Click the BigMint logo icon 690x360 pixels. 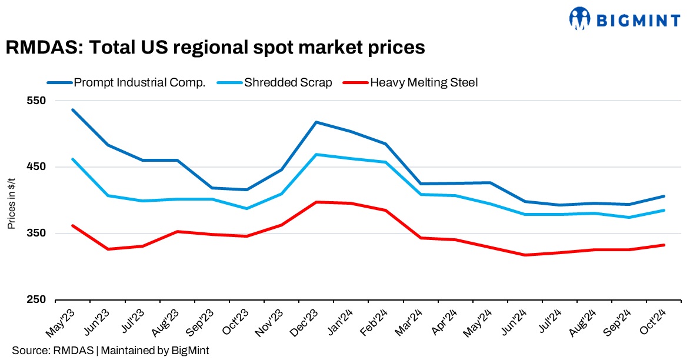(x=579, y=19)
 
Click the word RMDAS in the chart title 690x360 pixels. (x=40, y=47)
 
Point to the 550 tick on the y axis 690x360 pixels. (x=37, y=101)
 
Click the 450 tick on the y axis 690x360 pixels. (x=37, y=167)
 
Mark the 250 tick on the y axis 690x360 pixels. (x=37, y=300)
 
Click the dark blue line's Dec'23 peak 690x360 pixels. (x=316, y=122)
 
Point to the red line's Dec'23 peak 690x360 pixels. (x=316, y=202)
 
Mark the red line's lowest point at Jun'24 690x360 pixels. (x=525, y=255)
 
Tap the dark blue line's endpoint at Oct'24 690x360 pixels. (x=664, y=196)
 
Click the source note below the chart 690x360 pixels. (x=110, y=350)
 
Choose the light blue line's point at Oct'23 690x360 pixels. (x=247, y=208)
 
